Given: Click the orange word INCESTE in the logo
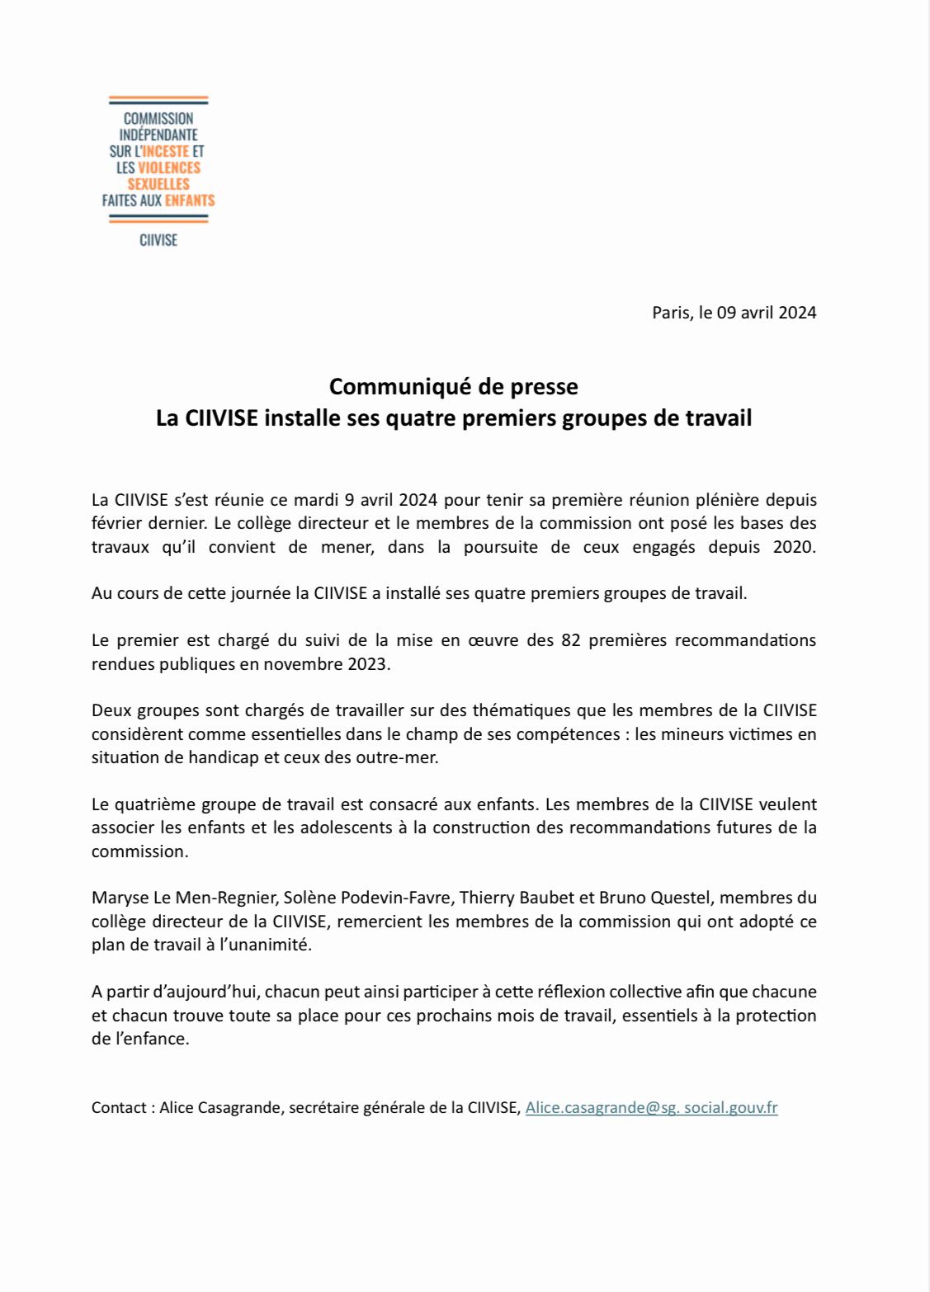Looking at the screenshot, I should [x=166, y=151].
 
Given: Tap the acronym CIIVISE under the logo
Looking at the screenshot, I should [x=158, y=240].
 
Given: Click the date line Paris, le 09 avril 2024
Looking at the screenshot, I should [x=734, y=312].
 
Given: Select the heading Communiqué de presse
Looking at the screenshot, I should [x=453, y=386].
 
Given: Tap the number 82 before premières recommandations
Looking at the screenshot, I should [x=571, y=640].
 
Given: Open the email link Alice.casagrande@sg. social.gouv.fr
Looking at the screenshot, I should [x=651, y=1108].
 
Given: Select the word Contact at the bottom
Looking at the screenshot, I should [x=119, y=1108].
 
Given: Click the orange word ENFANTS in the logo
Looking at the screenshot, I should [x=190, y=200].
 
